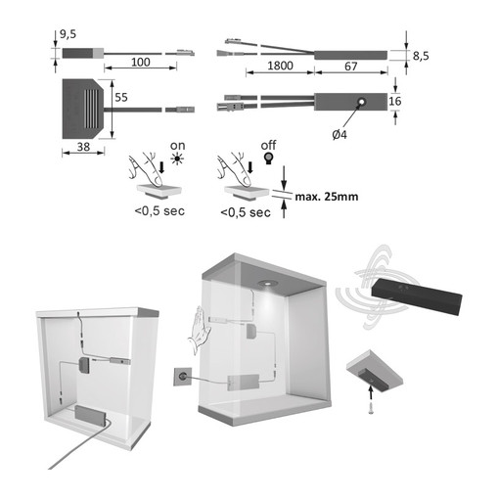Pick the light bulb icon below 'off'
(268, 161)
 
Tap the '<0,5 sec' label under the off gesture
(244, 211)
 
